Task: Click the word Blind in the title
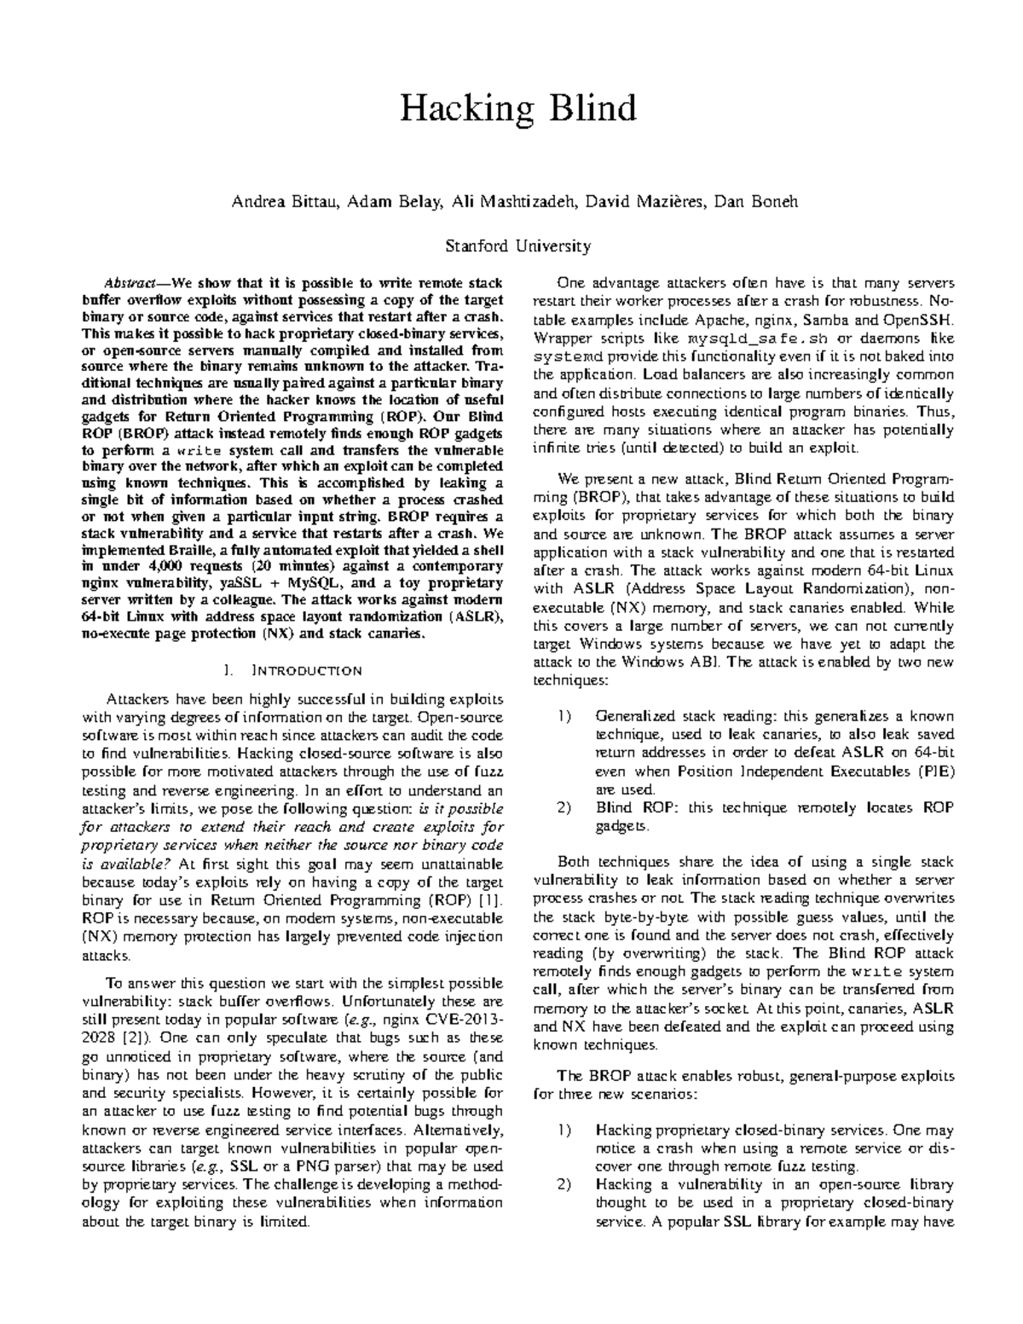[x=593, y=110]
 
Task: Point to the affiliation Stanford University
[x=517, y=246]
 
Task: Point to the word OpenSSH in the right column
[x=924, y=320]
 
